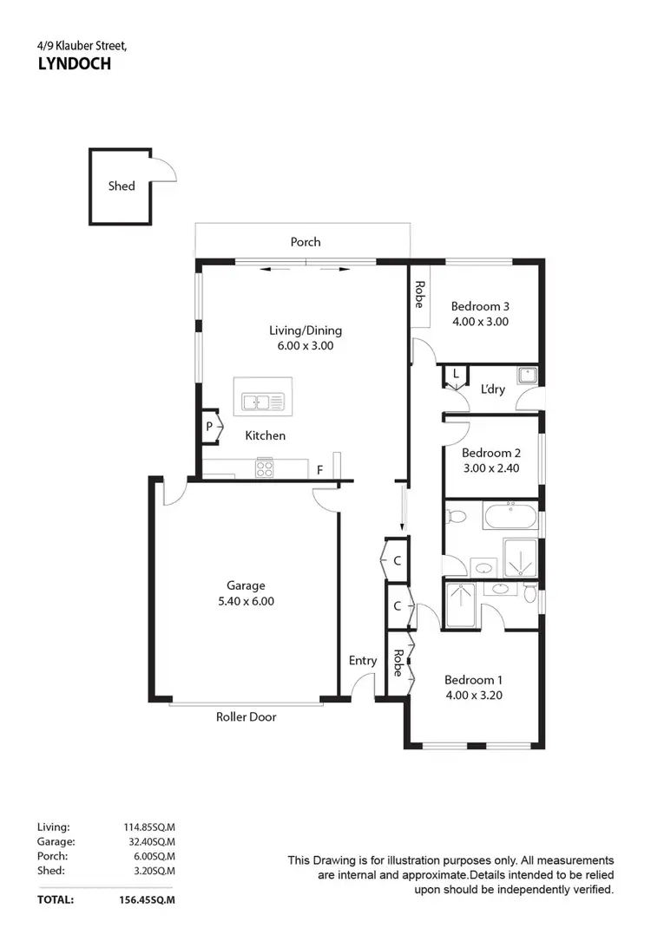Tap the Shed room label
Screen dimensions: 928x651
(122, 186)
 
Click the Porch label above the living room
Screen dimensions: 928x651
(305, 242)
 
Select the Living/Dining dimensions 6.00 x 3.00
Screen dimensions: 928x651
(305, 345)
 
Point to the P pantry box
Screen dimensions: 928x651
(209, 427)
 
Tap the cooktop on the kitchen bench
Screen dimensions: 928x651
(264, 468)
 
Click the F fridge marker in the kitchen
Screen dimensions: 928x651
(319, 470)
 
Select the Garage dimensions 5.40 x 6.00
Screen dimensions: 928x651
(246, 601)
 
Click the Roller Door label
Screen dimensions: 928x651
(246, 717)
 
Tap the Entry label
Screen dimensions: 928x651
(363, 661)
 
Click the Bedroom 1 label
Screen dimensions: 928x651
(474, 680)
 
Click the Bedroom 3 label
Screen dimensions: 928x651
(479, 306)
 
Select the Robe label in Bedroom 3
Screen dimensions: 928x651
(419, 296)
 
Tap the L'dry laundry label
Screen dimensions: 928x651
(492, 389)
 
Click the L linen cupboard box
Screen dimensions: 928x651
(455, 375)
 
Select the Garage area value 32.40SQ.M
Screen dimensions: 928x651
(150, 841)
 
